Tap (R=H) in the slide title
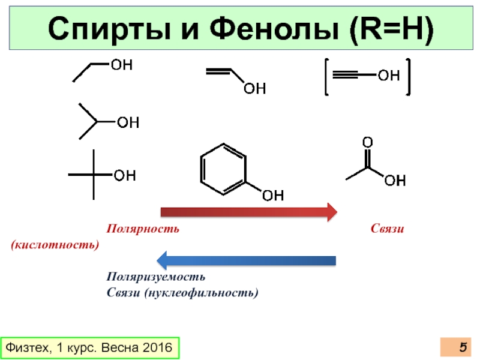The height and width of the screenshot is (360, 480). pyautogui.click(x=392, y=29)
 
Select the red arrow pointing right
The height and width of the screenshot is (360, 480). pyautogui.click(x=248, y=211)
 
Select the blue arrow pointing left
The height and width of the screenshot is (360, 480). pyautogui.click(x=246, y=260)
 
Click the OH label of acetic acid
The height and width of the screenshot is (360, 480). pyautogui.click(x=395, y=180)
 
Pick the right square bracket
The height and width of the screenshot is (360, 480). pyautogui.click(x=408, y=76)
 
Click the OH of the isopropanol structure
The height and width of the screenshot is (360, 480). pyautogui.click(x=127, y=123)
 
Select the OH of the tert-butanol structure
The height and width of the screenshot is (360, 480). pyautogui.click(x=125, y=175)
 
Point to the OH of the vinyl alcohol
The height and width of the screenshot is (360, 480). pyautogui.click(x=254, y=89)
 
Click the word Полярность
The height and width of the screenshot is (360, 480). pyautogui.click(x=143, y=229)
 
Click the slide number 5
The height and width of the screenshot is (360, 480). pyautogui.click(x=463, y=347)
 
